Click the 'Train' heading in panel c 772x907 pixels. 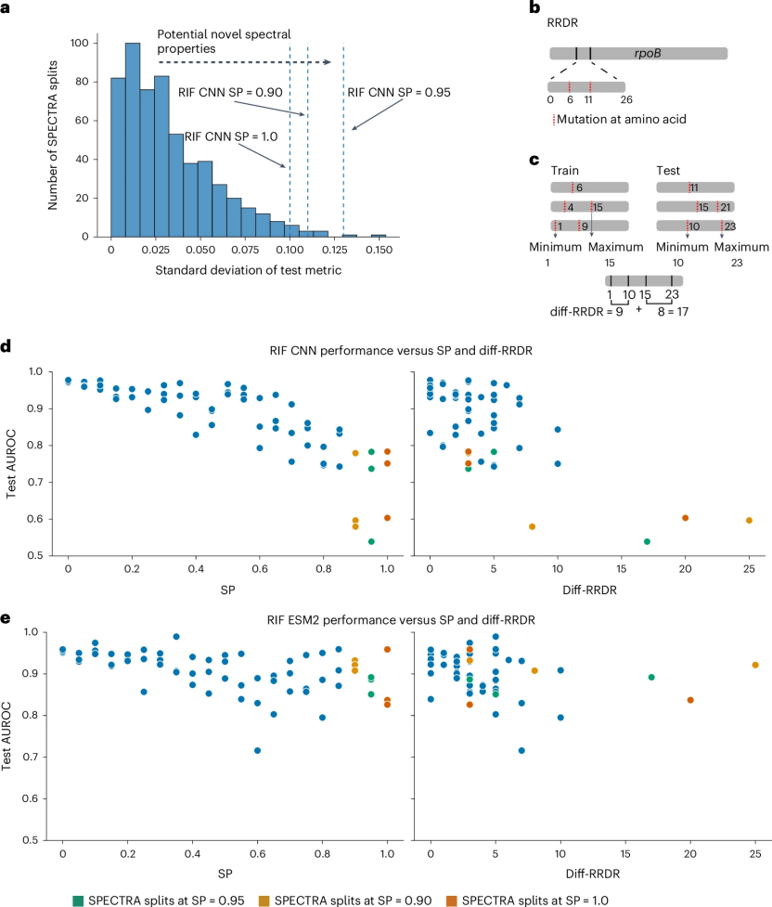[x=565, y=172]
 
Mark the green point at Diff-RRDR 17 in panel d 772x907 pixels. [x=647, y=541]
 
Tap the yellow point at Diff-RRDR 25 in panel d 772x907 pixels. [x=749, y=520]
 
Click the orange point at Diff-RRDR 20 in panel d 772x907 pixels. [x=685, y=517]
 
